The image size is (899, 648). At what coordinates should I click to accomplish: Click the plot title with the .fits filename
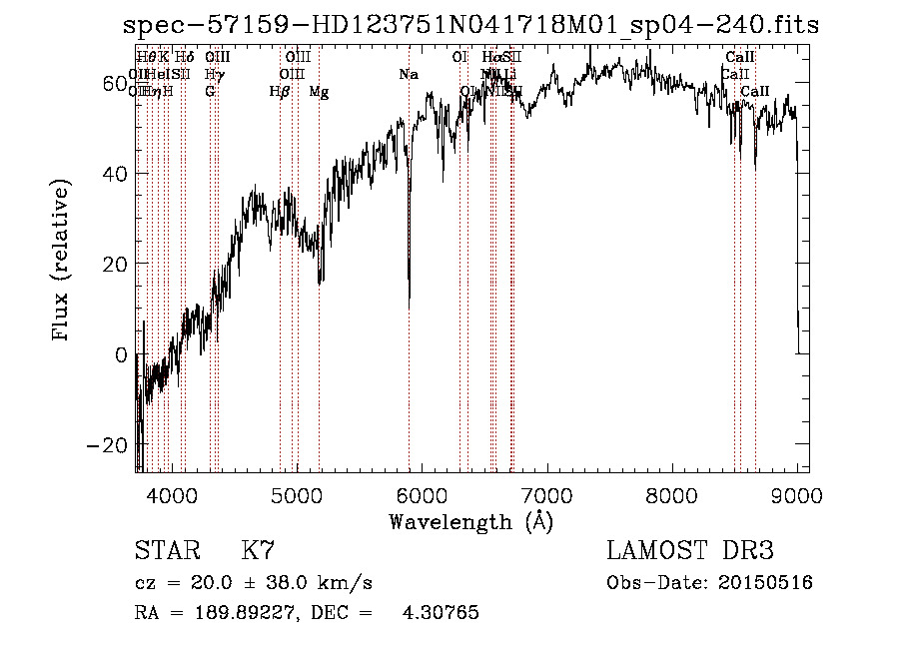click(469, 26)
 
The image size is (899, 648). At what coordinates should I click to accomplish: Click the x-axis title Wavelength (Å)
click(470, 521)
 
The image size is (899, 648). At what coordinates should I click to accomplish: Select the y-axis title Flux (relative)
click(62, 263)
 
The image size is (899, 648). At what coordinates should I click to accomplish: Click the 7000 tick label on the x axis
click(546, 495)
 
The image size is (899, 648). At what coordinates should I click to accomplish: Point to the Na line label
click(408, 75)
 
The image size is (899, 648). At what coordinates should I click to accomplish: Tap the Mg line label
click(319, 92)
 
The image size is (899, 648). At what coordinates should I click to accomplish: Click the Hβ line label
click(280, 92)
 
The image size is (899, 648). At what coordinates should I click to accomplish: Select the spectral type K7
click(257, 551)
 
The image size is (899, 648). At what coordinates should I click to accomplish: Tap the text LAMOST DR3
click(690, 551)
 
